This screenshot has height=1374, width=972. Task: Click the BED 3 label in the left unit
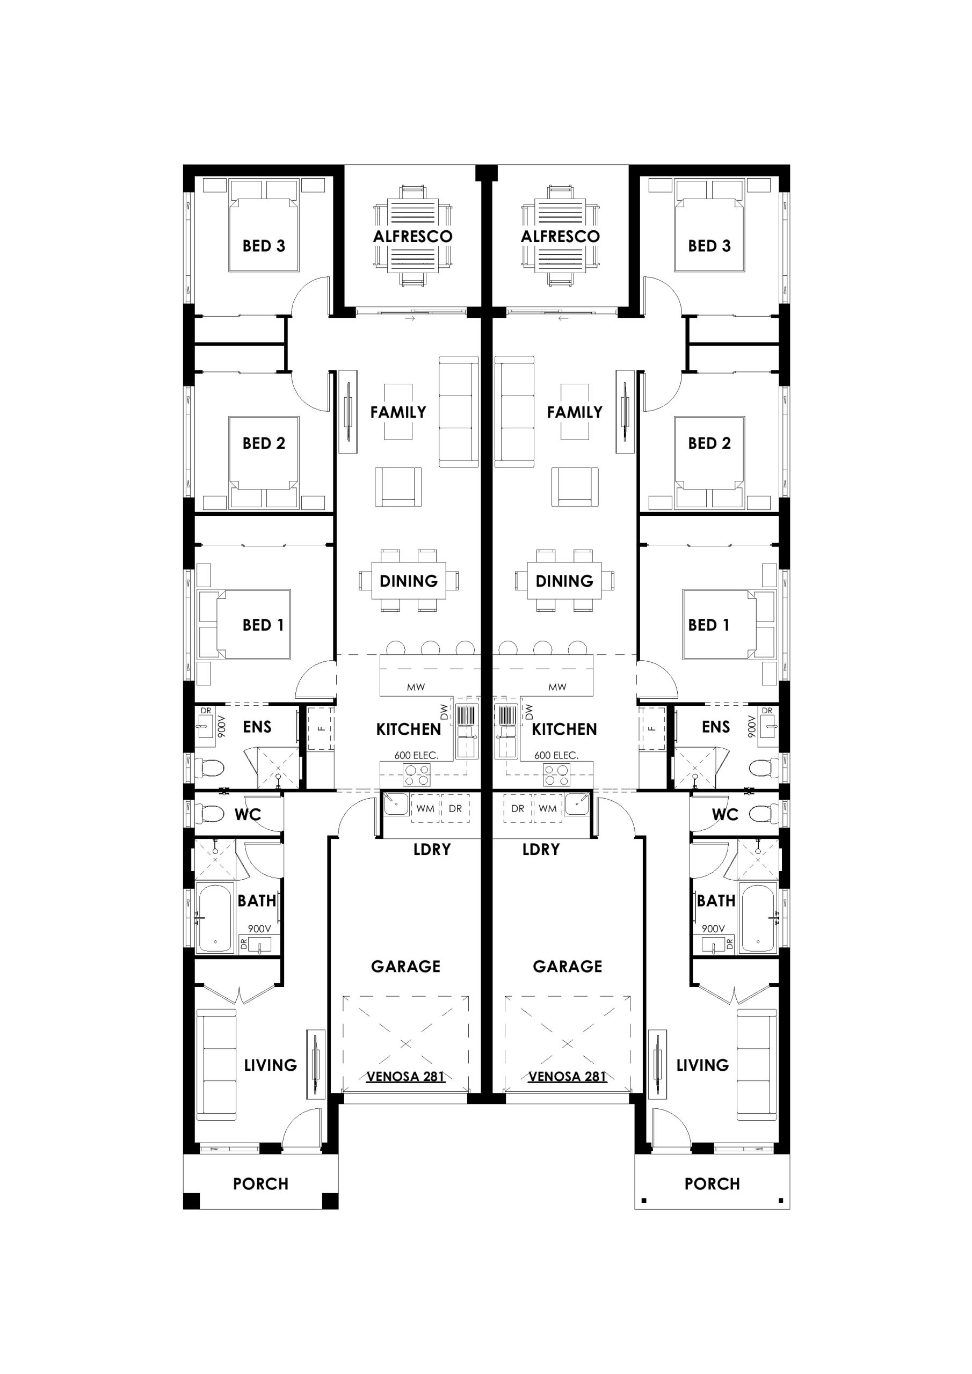tap(264, 246)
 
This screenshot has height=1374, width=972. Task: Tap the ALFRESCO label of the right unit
tap(560, 236)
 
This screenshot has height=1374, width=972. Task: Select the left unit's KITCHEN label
tap(409, 729)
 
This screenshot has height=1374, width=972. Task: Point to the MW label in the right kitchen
tap(557, 688)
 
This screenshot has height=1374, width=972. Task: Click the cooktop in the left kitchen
tap(417, 775)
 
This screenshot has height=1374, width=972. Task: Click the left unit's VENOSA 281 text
tap(405, 1077)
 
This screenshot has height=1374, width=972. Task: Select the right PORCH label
tap(712, 1183)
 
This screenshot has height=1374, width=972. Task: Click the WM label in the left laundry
tap(425, 808)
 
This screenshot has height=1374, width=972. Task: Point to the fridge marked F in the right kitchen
tap(652, 729)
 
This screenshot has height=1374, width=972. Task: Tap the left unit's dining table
tap(409, 581)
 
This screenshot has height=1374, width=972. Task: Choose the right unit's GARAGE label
tap(567, 967)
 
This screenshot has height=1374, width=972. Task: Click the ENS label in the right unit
tap(716, 727)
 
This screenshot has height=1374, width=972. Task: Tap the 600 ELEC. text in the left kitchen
tap(416, 755)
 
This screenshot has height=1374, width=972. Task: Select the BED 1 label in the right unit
tap(708, 625)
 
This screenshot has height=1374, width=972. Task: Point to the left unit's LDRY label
tap(432, 849)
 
